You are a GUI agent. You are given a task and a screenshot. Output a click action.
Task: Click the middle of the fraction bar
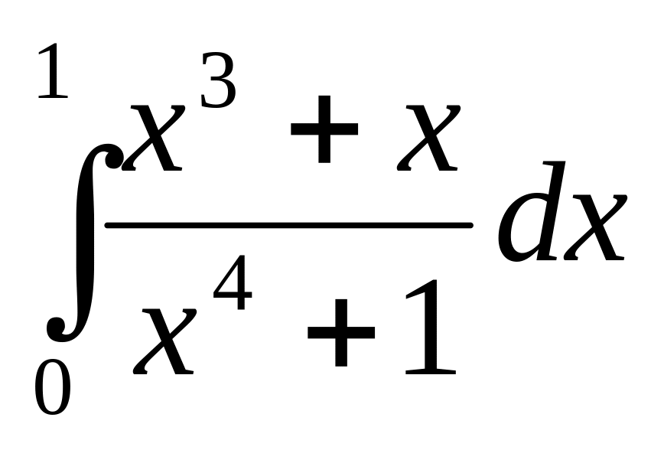(288, 225)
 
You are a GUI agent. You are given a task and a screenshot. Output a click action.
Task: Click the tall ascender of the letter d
(556, 184)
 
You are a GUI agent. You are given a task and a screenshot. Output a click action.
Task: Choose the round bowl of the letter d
(520, 233)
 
